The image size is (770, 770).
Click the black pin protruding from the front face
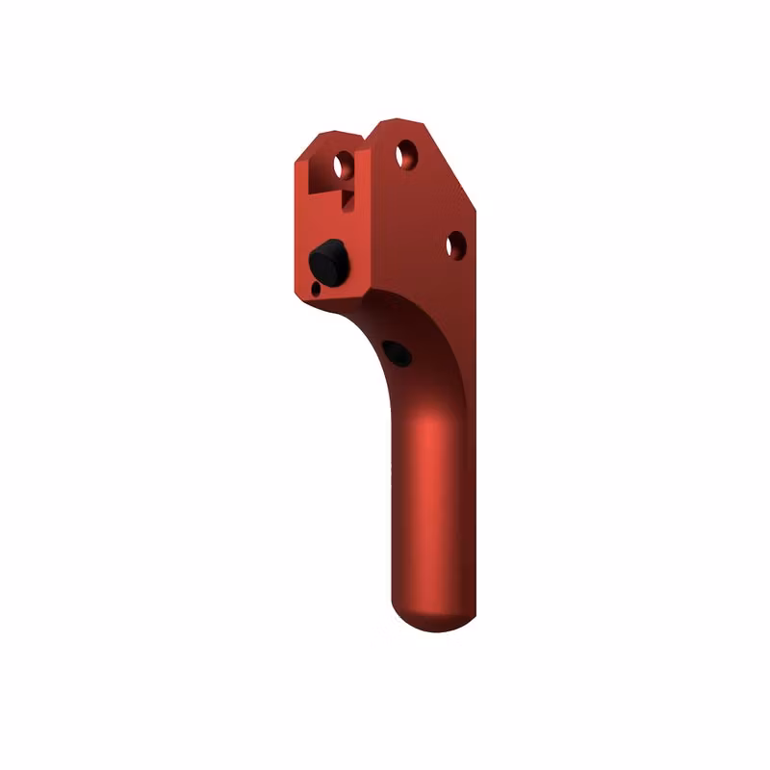328,262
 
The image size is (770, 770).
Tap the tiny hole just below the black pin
317,288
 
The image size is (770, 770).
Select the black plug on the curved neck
397,353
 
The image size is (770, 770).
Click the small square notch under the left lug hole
346,198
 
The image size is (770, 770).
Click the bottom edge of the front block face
332,297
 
